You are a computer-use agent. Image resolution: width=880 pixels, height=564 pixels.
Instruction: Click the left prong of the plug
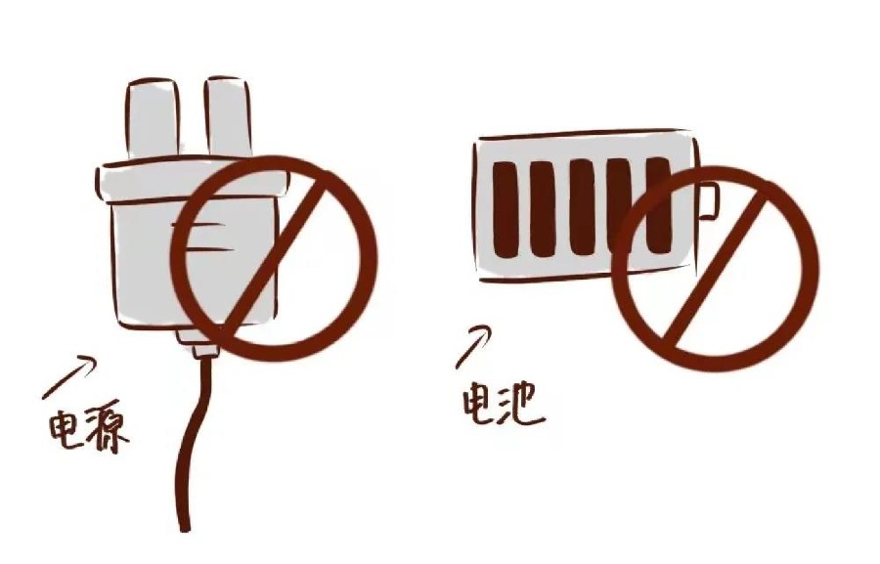tap(153, 119)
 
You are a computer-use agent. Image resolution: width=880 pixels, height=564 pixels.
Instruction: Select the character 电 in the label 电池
tap(478, 402)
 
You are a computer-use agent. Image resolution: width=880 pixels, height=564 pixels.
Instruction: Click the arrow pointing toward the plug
tap(67, 377)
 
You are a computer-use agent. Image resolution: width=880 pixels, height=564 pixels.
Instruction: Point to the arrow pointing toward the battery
tap(472, 346)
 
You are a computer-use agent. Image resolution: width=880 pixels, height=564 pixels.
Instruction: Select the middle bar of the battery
tap(582, 207)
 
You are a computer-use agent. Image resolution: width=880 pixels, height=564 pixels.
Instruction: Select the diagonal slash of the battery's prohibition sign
tap(714, 270)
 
